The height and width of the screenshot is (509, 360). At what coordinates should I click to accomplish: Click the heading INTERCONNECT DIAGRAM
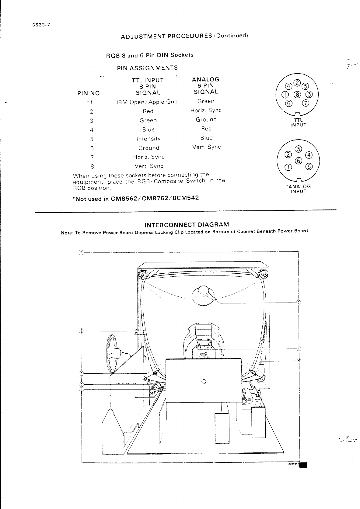[x=187, y=225]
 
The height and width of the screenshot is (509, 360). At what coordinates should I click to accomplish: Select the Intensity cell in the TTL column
[x=149, y=139]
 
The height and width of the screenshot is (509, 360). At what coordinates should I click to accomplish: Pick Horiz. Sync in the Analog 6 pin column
[x=206, y=110]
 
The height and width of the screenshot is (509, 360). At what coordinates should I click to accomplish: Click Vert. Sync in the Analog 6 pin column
[x=206, y=147]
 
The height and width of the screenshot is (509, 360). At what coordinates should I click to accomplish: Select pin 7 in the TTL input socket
[x=306, y=103]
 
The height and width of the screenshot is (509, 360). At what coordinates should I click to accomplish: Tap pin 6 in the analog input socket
[x=299, y=161]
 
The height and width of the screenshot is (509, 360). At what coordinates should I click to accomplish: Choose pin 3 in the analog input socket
[x=299, y=149]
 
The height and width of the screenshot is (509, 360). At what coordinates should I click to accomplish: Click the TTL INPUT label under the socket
[x=298, y=123]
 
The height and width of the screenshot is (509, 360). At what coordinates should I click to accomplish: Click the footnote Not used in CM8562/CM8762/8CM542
[x=136, y=198]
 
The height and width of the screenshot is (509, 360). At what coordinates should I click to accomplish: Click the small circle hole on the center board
[x=204, y=381]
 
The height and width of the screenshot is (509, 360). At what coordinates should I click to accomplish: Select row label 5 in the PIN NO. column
[x=92, y=139]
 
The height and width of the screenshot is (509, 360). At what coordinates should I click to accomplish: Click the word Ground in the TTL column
[x=149, y=148]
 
